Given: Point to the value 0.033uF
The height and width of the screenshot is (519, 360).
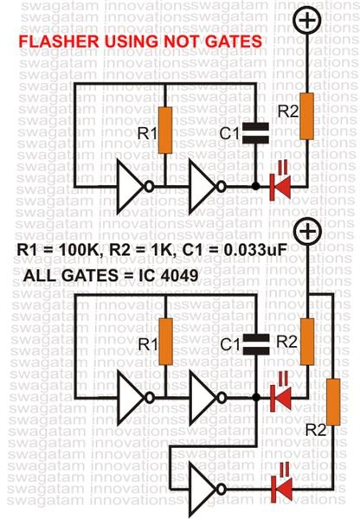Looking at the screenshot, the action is [x=254, y=250].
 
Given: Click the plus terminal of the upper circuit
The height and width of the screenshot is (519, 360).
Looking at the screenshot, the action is [x=307, y=20].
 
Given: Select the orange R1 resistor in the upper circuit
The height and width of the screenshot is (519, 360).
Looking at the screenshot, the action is [x=165, y=130].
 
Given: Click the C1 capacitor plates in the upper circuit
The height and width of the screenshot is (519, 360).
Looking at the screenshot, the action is [x=255, y=133].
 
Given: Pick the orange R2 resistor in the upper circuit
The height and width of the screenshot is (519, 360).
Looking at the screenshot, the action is [x=307, y=116].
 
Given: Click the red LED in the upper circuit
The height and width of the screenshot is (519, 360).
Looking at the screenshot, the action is [x=280, y=187].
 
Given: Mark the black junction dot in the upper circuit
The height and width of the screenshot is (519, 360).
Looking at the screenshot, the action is [x=255, y=186].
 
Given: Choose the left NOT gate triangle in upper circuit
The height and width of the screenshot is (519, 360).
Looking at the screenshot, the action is [x=130, y=187].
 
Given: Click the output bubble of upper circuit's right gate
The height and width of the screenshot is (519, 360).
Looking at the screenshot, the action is [x=222, y=187].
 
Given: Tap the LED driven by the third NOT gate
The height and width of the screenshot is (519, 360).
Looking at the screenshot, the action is [x=281, y=489].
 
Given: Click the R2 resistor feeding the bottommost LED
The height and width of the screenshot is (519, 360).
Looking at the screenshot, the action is [x=333, y=402].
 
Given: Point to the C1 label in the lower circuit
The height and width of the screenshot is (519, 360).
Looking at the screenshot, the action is [x=230, y=344].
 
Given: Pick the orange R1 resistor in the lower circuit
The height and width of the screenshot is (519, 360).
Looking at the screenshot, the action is [x=165, y=342].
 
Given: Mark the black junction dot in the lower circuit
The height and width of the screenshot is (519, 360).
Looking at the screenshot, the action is [x=256, y=397].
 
